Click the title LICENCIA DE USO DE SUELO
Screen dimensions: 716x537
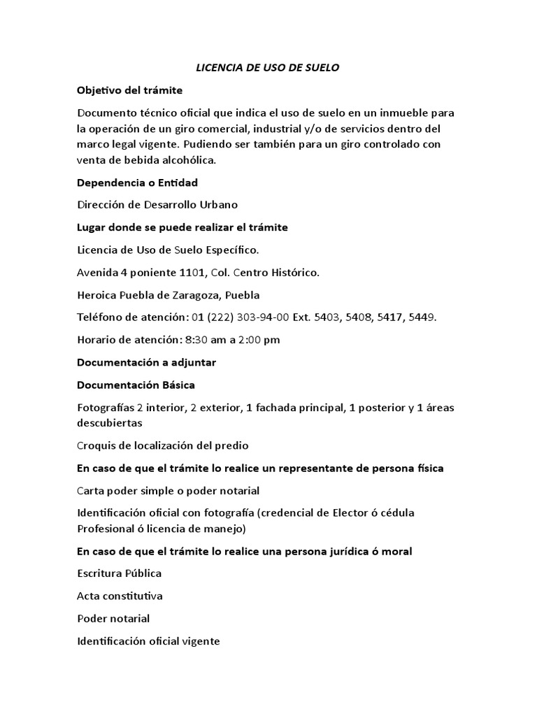click(268, 68)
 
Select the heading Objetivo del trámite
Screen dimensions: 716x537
click(129, 90)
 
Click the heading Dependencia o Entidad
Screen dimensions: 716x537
click(138, 182)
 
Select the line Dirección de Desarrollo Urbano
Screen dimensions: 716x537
click(157, 205)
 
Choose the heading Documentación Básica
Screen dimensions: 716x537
click(136, 385)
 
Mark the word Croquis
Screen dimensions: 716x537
click(97, 445)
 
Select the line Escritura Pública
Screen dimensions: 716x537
click(120, 573)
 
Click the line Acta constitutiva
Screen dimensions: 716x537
click(120, 596)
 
